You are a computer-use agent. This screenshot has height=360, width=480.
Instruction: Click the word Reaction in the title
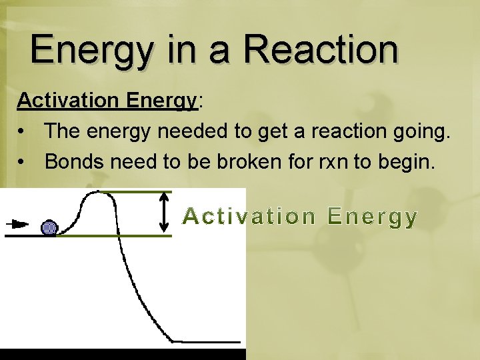coord(321,50)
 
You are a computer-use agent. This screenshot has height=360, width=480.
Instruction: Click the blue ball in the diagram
coord(49,227)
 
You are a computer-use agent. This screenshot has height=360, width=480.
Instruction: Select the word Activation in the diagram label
coord(249,217)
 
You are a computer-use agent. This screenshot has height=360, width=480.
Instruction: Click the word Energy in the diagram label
coord(373,217)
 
